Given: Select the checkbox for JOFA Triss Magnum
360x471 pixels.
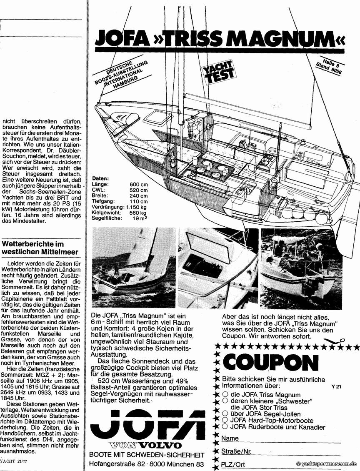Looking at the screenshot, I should pyautogui.click(x=225, y=394).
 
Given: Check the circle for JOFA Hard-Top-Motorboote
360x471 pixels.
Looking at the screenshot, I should pyautogui.click(x=225, y=421).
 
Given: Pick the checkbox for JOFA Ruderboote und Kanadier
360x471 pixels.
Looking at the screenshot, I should pyautogui.click(x=225, y=427).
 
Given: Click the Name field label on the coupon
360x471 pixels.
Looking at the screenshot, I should pyautogui.click(x=230, y=438).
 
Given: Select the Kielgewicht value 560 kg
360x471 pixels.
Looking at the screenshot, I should pyautogui.click(x=138, y=213).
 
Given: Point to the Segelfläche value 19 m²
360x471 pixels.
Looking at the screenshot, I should pyautogui.click(x=141, y=218).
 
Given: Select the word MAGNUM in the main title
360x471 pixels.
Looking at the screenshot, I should pyautogui.click(x=284, y=39).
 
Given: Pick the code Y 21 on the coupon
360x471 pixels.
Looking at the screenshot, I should pyautogui.click(x=336, y=386).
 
